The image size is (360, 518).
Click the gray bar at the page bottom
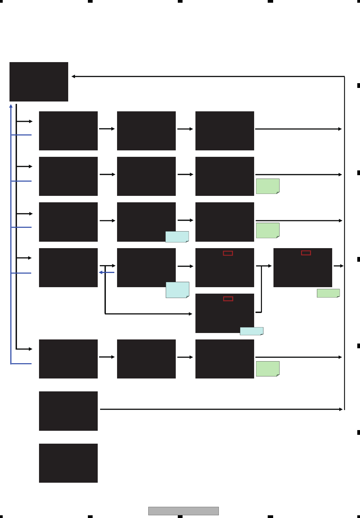click(183, 511)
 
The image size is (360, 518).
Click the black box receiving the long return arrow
click(39, 81)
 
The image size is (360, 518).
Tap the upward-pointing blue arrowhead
click(11, 106)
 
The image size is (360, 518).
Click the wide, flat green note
click(328, 293)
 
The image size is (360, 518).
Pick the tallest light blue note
click(177, 290)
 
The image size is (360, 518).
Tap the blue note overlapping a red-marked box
click(251, 331)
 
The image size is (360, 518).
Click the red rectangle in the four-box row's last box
click(306, 253)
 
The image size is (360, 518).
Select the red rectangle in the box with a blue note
click(228, 299)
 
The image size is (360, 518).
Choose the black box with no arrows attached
click(68, 463)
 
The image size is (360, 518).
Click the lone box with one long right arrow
click(68, 411)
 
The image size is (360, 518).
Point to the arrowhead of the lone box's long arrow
click(341, 409)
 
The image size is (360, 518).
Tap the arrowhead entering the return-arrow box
click(73, 76)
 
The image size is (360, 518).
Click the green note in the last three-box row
click(267, 369)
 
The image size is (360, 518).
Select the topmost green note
click(267, 186)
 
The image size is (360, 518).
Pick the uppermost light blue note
click(177, 237)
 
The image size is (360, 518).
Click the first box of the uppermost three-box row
click(68, 131)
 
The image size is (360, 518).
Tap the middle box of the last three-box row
click(146, 359)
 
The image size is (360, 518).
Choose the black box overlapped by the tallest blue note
click(146, 267)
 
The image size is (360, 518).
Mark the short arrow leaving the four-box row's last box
click(339, 266)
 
